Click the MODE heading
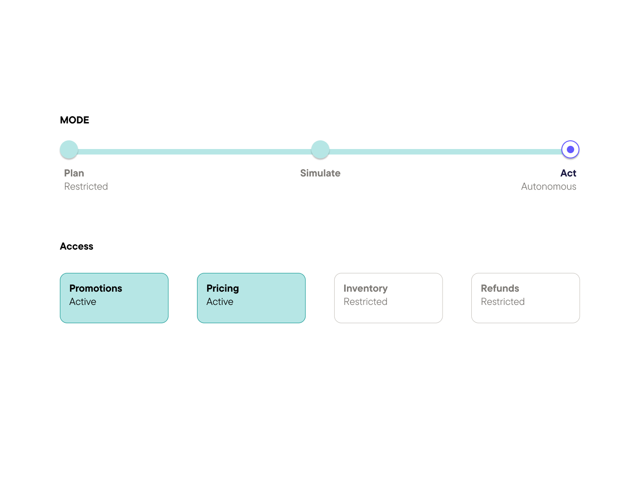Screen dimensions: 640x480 (75, 120)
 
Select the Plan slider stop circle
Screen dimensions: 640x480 (69, 149)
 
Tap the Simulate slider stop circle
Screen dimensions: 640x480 (320, 149)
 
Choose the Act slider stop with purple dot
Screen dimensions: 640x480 (571, 149)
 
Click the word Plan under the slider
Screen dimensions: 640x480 (74, 173)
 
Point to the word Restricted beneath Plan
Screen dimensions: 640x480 (86, 187)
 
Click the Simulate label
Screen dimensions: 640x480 (320, 173)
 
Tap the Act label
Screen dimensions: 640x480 (568, 173)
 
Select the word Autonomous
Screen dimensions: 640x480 (549, 187)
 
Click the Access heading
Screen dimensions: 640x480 (76, 246)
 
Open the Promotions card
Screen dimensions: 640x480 (114, 298)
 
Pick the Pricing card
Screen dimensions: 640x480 (251, 298)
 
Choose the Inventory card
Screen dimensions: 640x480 (389, 298)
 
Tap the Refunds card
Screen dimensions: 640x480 (525, 298)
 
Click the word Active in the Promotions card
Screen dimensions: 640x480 (83, 302)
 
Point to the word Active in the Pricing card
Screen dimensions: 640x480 (220, 302)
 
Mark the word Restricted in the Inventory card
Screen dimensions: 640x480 (366, 302)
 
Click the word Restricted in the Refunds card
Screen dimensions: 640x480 (503, 302)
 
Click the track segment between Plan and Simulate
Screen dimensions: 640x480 (194, 152)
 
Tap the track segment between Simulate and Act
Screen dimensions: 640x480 (446, 152)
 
